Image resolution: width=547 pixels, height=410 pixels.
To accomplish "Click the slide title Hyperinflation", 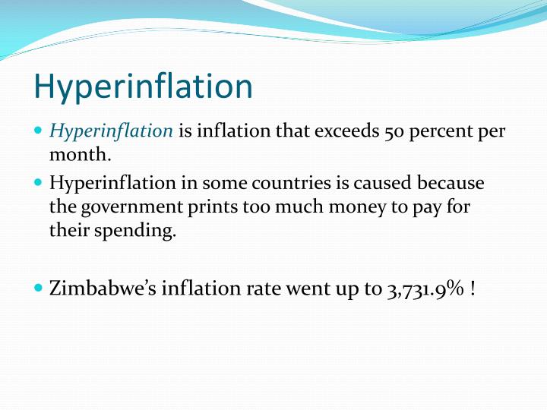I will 143,87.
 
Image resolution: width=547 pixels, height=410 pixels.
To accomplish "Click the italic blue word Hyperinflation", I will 112,131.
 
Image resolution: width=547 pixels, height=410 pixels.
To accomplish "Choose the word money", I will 335,207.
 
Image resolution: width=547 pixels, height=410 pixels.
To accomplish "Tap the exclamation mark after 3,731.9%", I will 473,289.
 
